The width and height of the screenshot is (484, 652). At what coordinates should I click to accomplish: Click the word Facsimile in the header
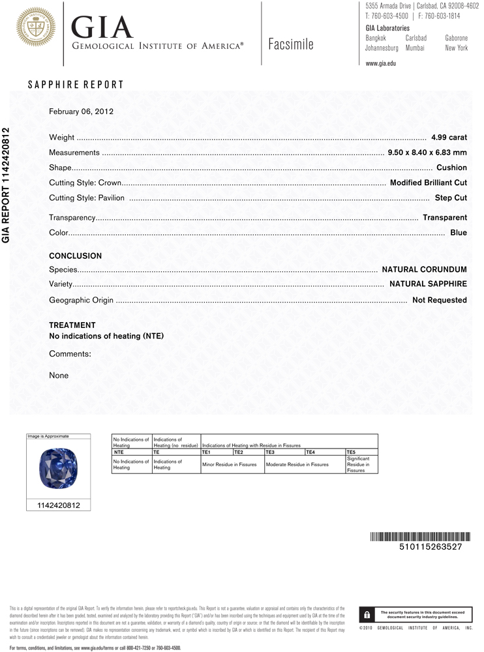tap(290, 44)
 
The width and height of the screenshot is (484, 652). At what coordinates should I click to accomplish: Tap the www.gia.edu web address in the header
tap(380, 63)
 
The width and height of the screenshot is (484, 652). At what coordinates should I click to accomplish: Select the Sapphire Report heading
tap(76, 85)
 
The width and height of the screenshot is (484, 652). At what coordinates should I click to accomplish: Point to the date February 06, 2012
tap(82, 111)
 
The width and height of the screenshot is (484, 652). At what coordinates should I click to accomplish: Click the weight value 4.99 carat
tap(449, 138)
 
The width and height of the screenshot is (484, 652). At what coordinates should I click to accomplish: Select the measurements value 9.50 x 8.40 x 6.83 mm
tap(427, 153)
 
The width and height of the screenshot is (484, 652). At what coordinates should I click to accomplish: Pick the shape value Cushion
tap(451, 168)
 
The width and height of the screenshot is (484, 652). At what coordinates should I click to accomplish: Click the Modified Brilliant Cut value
tap(428, 183)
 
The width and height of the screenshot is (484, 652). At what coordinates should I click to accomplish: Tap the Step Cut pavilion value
tap(451, 198)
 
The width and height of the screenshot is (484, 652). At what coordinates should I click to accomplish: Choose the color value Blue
tap(459, 232)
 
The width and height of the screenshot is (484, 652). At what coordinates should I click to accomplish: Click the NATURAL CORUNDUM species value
tap(424, 269)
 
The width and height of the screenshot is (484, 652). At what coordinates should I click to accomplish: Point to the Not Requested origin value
tap(439, 300)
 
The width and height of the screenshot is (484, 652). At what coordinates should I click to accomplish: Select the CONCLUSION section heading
tap(76, 256)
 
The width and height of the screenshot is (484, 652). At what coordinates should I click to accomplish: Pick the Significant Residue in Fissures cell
tap(361, 464)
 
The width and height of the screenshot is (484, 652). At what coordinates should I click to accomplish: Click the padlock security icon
tap(367, 615)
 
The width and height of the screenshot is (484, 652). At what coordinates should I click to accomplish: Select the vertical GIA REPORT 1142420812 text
tap(7, 185)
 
